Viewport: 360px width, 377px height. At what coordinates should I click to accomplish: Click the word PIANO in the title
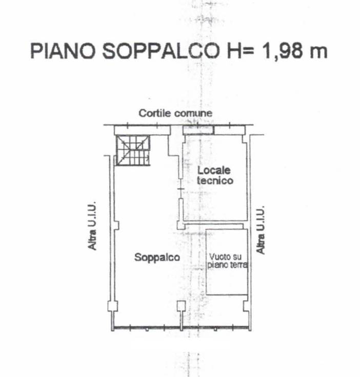(x=63, y=51)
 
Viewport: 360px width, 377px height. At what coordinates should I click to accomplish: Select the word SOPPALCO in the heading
(x=161, y=51)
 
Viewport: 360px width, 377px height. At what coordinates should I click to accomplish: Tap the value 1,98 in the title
(x=282, y=51)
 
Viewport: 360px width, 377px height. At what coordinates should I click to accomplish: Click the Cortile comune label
(x=175, y=113)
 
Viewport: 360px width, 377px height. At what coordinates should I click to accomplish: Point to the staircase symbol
(x=133, y=150)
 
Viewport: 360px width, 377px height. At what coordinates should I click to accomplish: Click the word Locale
(x=214, y=170)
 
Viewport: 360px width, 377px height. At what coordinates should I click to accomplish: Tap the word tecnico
(x=215, y=181)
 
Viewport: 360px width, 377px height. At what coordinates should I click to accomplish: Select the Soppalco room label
(x=157, y=257)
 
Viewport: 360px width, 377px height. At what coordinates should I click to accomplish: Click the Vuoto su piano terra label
(x=227, y=261)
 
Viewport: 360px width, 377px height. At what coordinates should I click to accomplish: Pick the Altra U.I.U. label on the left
(x=92, y=226)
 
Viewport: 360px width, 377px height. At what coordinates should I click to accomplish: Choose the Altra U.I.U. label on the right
(x=261, y=230)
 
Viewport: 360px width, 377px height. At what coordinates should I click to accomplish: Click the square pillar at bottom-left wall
(x=112, y=306)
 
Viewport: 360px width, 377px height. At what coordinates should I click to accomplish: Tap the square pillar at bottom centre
(x=181, y=306)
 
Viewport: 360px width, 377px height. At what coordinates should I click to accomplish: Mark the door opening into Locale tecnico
(x=181, y=189)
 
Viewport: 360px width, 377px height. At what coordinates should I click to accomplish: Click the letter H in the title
(x=234, y=51)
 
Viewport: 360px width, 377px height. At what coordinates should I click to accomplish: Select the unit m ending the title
(x=318, y=53)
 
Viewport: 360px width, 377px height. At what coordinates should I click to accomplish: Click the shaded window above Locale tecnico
(x=198, y=130)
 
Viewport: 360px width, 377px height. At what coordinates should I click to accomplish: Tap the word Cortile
(x=155, y=113)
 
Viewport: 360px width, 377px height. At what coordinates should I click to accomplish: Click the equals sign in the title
(x=248, y=51)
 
